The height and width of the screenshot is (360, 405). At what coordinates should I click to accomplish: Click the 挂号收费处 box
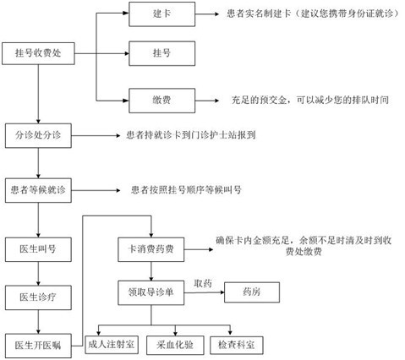click(x=38, y=53)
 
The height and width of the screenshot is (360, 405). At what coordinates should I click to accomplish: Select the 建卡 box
click(x=162, y=14)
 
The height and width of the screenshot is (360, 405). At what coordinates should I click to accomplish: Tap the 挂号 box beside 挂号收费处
click(x=162, y=53)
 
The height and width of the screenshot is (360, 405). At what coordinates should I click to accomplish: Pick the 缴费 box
click(x=162, y=101)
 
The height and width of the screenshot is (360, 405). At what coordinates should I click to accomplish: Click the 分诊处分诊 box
click(x=38, y=135)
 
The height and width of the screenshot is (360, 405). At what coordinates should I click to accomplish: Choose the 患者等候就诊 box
click(x=38, y=190)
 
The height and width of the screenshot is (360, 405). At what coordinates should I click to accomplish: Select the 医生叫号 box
click(x=38, y=249)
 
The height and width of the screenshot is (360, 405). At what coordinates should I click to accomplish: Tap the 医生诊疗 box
click(x=38, y=297)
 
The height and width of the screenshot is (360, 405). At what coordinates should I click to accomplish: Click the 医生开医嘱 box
click(x=38, y=346)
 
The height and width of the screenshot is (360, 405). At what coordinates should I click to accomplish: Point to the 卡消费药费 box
click(x=151, y=249)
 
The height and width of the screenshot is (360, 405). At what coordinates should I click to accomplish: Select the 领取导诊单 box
click(x=151, y=292)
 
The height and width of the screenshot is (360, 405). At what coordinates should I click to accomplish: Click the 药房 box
click(x=252, y=292)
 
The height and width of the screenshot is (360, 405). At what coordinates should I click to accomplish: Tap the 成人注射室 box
click(x=112, y=345)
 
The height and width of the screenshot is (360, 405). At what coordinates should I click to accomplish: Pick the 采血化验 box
click(x=175, y=345)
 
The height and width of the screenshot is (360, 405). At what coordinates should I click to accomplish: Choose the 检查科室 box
click(x=237, y=345)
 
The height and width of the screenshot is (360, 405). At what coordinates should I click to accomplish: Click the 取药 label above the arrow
click(x=203, y=283)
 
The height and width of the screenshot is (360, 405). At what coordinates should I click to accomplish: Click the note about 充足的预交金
click(x=310, y=100)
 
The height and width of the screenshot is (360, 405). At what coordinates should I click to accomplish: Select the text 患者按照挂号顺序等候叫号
click(x=186, y=190)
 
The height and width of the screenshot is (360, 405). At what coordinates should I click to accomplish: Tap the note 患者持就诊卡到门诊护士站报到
click(x=191, y=135)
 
